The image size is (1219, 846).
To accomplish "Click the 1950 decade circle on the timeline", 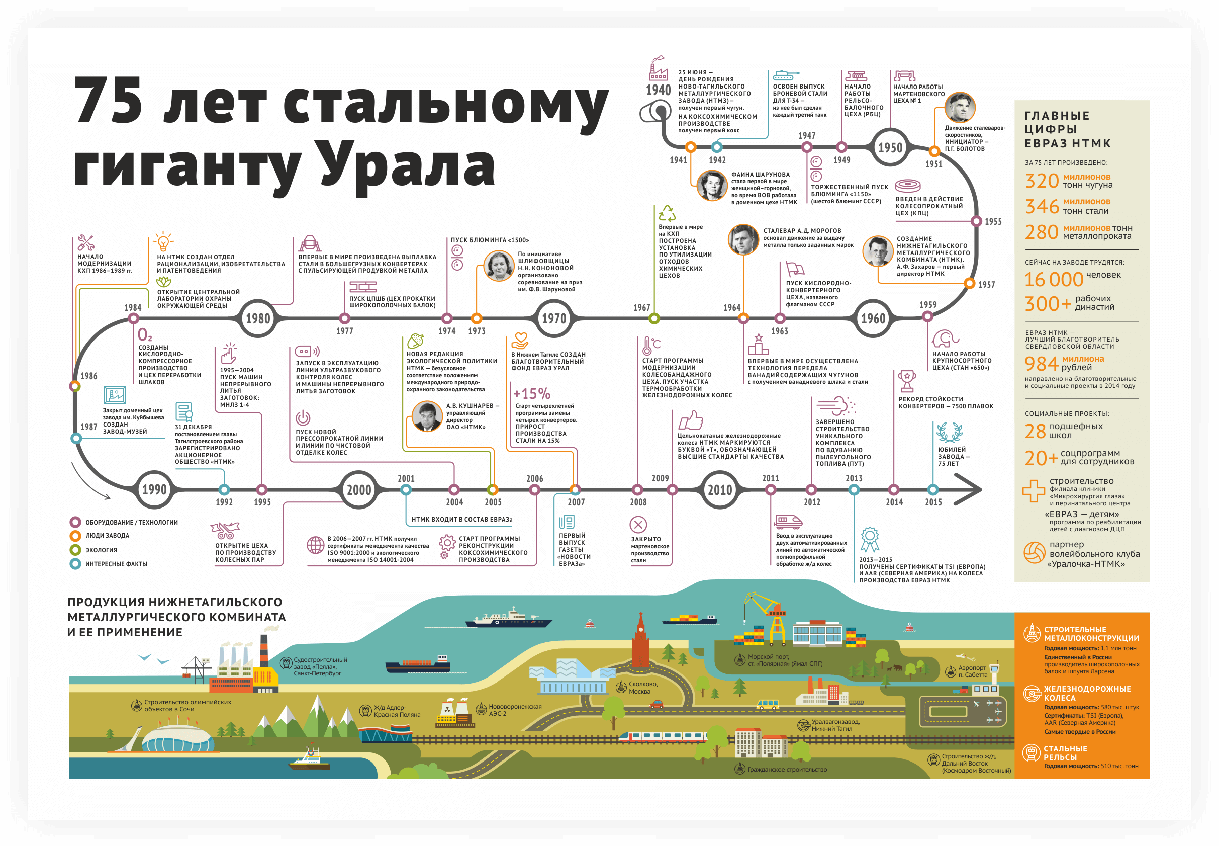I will (x=890, y=147).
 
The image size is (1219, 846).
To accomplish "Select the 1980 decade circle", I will (x=258, y=318).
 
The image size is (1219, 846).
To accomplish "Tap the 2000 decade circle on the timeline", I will (x=358, y=490).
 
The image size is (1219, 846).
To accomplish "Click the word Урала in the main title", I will (x=407, y=164).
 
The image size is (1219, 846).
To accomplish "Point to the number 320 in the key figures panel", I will (x=1042, y=181).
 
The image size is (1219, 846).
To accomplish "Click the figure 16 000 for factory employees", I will (x=1054, y=279).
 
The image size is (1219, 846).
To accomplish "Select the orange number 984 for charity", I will (x=1041, y=364).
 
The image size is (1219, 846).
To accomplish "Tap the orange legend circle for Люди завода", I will (x=75, y=536).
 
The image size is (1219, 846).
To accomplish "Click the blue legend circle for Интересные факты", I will (x=75, y=564).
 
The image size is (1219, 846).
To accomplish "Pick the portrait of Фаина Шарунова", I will (x=711, y=186).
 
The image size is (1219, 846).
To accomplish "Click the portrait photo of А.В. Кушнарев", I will (x=427, y=416).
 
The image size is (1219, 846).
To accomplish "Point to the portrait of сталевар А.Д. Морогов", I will (x=743, y=239).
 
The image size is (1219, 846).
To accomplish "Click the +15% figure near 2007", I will (x=532, y=394).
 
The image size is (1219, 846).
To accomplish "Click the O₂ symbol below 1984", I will (x=145, y=335).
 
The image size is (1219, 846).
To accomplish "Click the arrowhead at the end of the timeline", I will (x=969, y=489).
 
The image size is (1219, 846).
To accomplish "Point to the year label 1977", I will (x=344, y=331).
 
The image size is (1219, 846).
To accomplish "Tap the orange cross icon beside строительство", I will (x=1034, y=491).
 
